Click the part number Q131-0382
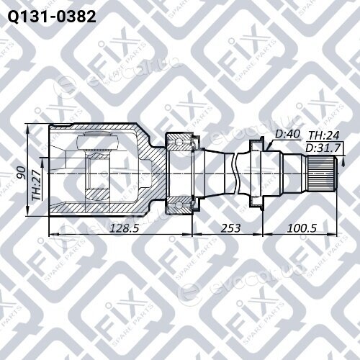pos(52,17)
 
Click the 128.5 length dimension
pos(124,228)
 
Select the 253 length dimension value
pos(230,228)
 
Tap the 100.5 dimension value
pos(302,228)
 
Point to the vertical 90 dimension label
pos(22,173)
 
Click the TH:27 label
pos(37,185)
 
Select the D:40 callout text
pos(287,134)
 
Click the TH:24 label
pos(324,135)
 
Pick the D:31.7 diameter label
pos(323,148)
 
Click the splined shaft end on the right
pos(322,174)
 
